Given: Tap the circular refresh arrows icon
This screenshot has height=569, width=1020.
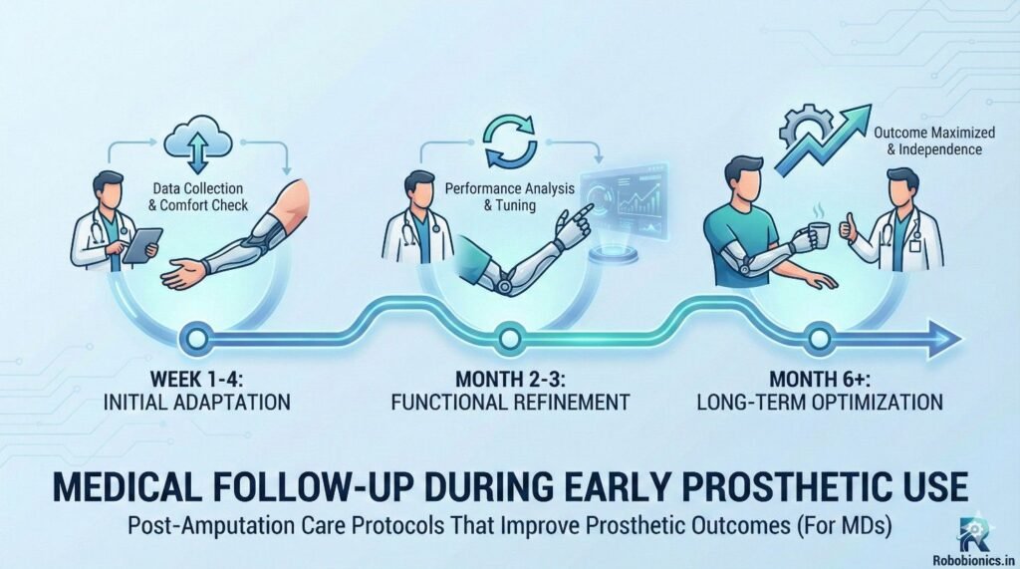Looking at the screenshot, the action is click(511, 142).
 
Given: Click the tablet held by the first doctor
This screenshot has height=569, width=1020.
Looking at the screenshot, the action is click(141, 246).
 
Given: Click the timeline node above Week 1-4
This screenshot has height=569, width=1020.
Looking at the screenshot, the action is click(197, 339).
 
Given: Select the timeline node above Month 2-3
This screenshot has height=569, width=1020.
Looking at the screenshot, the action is click(509, 339).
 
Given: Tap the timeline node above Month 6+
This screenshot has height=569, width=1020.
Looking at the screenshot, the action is click(819, 339).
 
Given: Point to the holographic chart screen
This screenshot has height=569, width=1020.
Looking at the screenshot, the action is click(624, 201).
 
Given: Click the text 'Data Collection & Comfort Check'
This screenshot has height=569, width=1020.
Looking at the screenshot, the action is click(198, 196).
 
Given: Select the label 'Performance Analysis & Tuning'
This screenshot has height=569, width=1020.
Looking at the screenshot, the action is click(509, 196).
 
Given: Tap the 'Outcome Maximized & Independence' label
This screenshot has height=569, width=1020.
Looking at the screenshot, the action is click(934, 141).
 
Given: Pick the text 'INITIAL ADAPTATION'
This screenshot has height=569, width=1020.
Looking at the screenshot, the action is click(196, 402).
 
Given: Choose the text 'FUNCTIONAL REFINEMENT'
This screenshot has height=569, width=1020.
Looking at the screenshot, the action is click(510, 402).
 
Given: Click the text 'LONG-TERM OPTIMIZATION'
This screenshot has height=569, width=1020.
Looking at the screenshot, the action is click(820, 402).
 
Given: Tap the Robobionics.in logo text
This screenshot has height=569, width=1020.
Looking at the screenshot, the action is click(973, 560).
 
